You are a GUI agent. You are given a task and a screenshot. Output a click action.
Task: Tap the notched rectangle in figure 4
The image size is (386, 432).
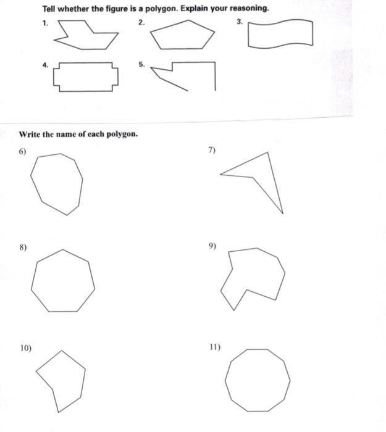(86, 77)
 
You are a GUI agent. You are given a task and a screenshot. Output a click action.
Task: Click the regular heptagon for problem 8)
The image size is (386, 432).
(63, 281)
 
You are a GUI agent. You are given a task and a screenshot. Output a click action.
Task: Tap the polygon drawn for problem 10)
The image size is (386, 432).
(62, 378)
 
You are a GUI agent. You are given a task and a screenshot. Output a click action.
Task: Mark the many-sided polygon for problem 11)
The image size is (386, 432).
(258, 380)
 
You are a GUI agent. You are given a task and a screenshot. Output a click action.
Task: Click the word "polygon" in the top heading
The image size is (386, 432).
(159, 9)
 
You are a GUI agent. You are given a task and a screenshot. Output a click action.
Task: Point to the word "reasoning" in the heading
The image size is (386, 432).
(248, 9)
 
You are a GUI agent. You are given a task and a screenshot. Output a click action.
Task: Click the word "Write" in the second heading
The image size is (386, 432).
(30, 134)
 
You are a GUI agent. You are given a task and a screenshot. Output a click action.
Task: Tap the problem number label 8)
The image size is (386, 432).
(23, 247)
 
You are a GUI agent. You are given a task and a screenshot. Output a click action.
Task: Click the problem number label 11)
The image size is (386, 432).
(214, 347)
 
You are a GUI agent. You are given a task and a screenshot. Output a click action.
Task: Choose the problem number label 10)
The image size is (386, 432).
(25, 348)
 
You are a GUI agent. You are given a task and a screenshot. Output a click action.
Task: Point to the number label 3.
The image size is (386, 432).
(240, 22)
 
